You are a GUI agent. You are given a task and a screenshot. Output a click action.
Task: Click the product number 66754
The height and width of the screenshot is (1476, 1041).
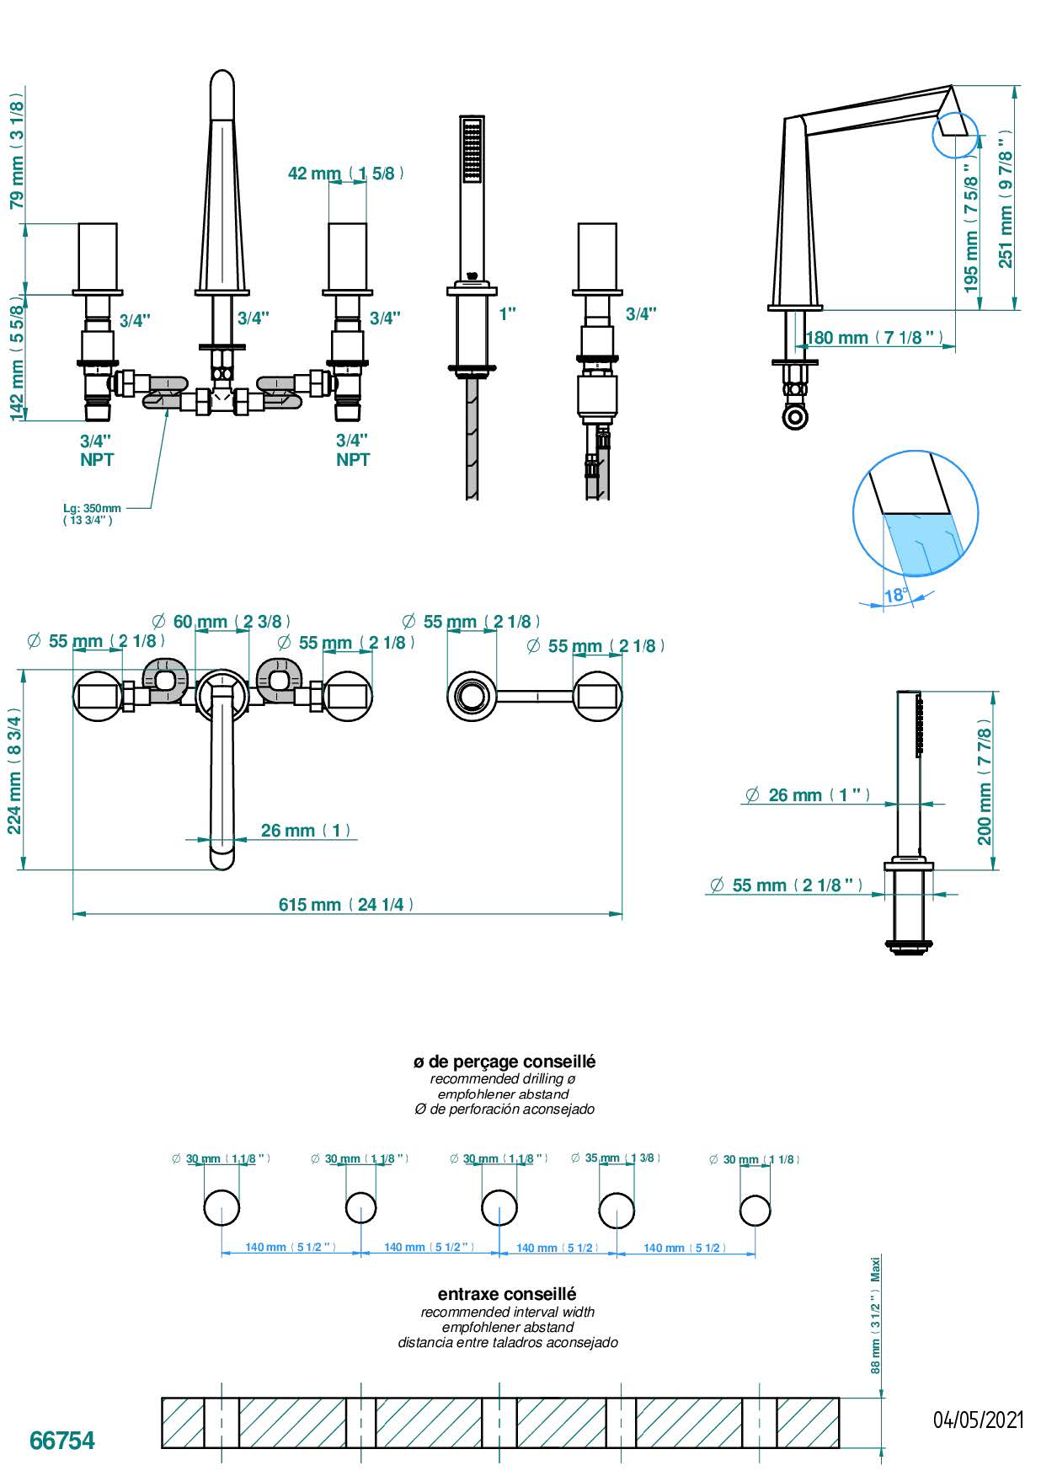pos(62,1440)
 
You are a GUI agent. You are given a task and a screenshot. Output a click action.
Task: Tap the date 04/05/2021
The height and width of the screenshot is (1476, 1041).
pos(978,1420)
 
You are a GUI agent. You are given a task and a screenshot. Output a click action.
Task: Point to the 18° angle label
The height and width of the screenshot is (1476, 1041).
pos(895,596)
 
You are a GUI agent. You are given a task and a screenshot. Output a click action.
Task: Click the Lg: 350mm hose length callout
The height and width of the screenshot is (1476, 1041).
pos(92,514)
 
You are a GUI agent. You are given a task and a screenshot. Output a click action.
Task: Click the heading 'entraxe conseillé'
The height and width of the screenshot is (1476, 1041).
pos(507,1293)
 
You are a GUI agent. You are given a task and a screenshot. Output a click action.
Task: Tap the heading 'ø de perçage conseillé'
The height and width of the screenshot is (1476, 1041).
pos(504,1062)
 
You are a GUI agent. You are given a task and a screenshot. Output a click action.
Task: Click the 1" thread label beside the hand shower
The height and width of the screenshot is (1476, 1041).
pos(507,314)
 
